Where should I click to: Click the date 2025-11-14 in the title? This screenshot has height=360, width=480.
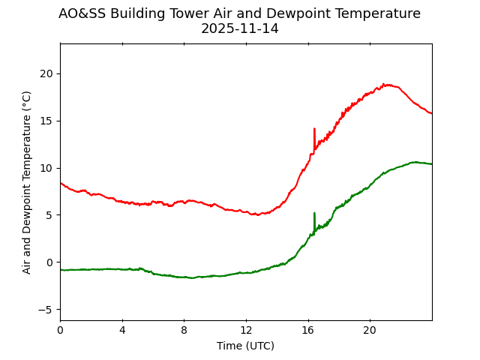click(x=239, y=28)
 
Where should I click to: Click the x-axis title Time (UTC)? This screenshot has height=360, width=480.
click(x=245, y=346)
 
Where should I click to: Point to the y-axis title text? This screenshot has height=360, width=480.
click(x=27, y=182)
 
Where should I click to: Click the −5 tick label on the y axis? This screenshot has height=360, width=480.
click(x=47, y=310)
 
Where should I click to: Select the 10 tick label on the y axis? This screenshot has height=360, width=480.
click(x=48, y=168)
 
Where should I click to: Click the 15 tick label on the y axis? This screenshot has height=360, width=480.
click(x=48, y=121)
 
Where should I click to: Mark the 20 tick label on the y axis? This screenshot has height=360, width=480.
click(x=48, y=73)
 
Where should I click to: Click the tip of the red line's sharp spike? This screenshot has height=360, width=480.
click(x=314, y=128)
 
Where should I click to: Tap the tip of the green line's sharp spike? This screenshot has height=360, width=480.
click(x=314, y=213)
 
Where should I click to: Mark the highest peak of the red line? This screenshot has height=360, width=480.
click(x=383, y=84)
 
